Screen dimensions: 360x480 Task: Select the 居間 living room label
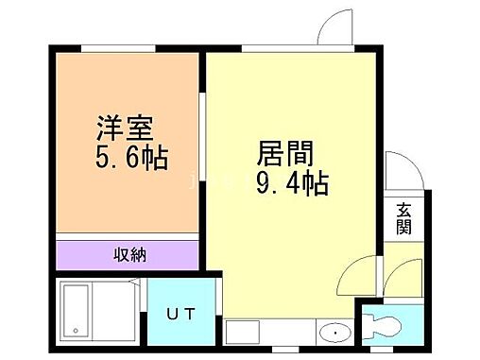pyautogui.click(x=283, y=154)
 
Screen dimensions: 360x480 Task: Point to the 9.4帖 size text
pyautogui.click(x=292, y=182)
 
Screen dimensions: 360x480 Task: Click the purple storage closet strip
pyautogui.click(x=127, y=254)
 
